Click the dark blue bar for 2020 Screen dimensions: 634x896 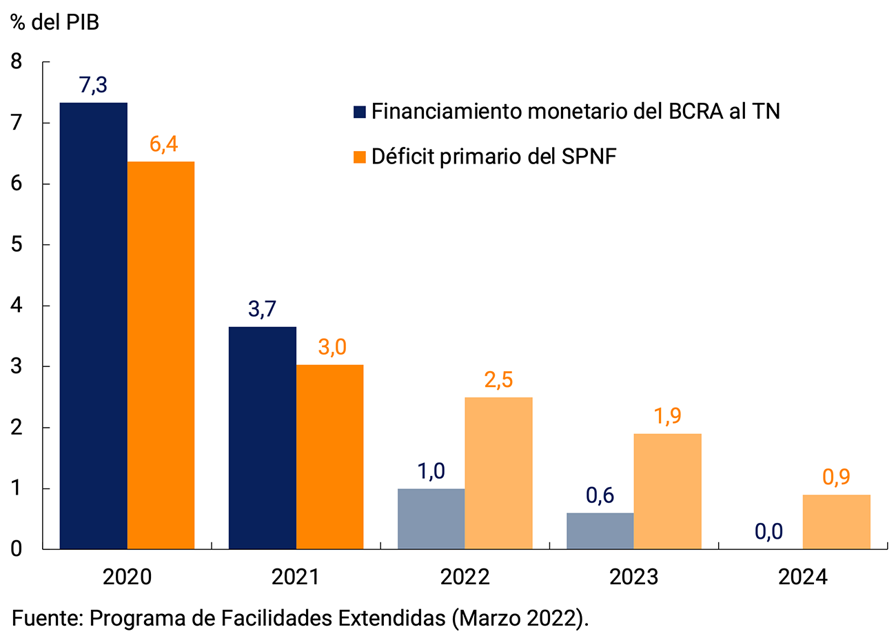(x=94, y=326)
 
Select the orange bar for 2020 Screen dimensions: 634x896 (x=161, y=355)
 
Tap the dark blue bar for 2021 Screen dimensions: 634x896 (x=262, y=437)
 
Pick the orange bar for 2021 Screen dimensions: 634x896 (x=329, y=457)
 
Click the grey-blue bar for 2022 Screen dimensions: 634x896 (x=431, y=519)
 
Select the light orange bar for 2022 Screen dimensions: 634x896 (x=498, y=473)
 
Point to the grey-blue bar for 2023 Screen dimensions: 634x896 (x=600, y=531)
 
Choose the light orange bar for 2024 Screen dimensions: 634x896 (x=836, y=522)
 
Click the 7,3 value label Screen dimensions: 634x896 (x=94, y=86)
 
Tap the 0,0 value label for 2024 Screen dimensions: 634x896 (x=768, y=532)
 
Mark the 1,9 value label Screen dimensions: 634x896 (x=667, y=417)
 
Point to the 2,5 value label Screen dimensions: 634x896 (x=498, y=381)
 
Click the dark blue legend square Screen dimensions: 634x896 (x=359, y=112)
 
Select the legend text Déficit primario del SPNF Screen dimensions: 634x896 (x=493, y=157)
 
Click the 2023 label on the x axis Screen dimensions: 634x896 (x=633, y=577)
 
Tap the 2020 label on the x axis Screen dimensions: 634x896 (x=127, y=577)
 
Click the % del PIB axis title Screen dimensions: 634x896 (x=55, y=22)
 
